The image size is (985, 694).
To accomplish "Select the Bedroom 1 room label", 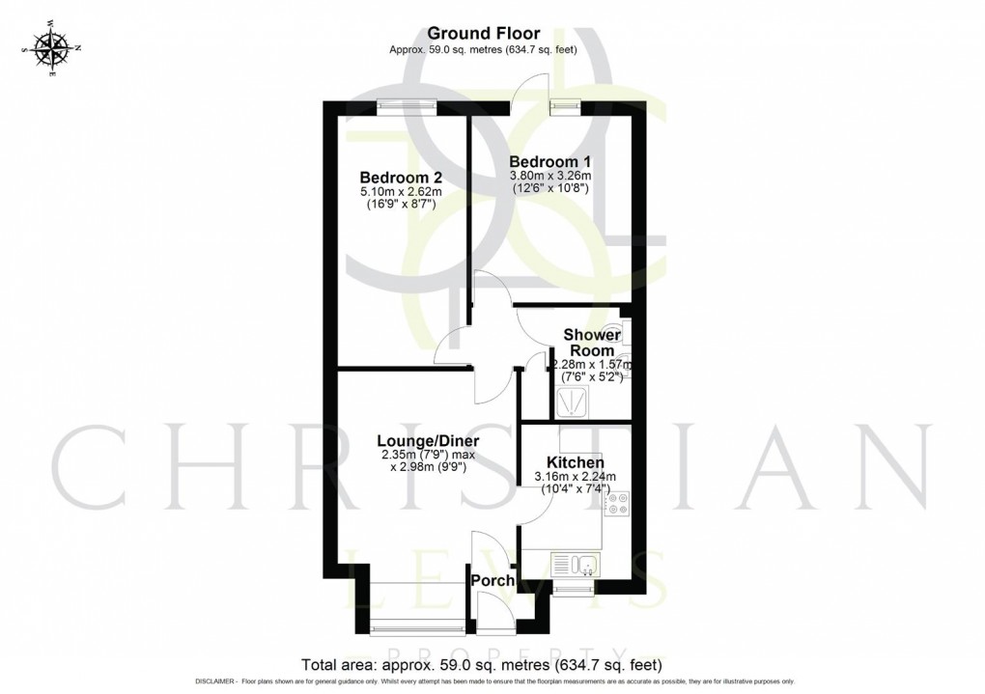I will pyautogui.click(x=550, y=160).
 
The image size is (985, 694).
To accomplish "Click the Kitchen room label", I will pyautogui.click(x=576, y=463).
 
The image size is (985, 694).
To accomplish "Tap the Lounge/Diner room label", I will pyautogui.click(x=428, y=442).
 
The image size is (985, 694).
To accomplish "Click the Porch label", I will pyautogui.click(x=492, y=581).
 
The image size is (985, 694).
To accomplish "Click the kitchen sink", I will pyautogui.click(x=575, y=564).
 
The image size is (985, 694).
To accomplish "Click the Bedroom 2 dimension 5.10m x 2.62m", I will pyautogui.click(x=400, y=191).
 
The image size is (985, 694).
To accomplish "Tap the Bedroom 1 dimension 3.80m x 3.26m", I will pyautogui.click(x=550, y=175).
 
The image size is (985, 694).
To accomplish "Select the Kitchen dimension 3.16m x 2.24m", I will pyautogui.click(x=576, y=477).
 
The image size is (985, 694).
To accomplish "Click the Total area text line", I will pyautogui.click(x=482, y=665).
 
